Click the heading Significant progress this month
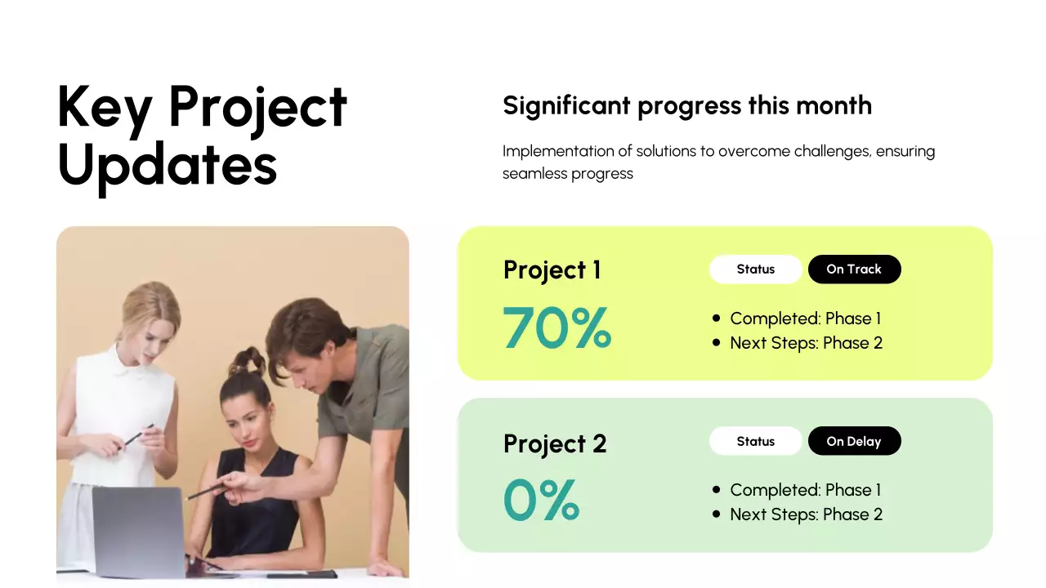point(686,105)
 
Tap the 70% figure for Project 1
point(557,327)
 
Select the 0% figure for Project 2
point(541,500)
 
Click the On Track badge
point(854,269)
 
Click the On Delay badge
point(854,441)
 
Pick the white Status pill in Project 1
point(755,269)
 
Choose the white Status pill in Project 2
point(755,441)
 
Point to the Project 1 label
point(552,270)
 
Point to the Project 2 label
point(555,443)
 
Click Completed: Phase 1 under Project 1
point(805,318)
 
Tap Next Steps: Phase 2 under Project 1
point(806,343)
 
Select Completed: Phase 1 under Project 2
point(805,490)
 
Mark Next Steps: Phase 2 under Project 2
point(806,514)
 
